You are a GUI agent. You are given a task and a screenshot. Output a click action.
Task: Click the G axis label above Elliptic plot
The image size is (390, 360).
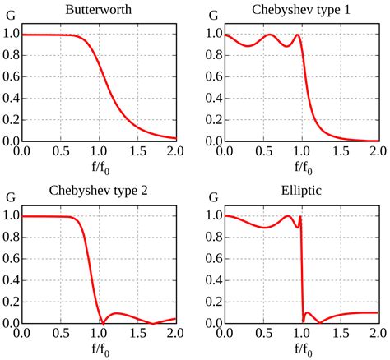211,198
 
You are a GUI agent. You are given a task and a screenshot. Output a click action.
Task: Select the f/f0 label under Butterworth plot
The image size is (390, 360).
99,169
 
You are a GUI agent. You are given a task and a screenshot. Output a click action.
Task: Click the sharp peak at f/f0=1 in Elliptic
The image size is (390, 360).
301,217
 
